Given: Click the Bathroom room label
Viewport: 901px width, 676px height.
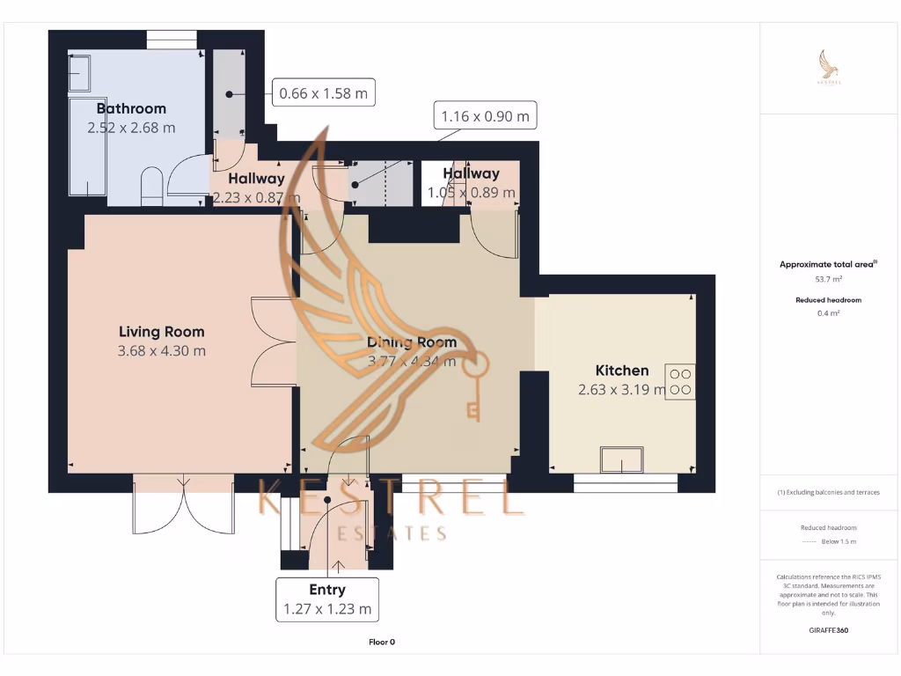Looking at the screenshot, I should pyautogui.click(x=131, y=108).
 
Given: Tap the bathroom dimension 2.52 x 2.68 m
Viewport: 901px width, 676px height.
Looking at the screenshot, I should pyautogui.click(x=131, y=128).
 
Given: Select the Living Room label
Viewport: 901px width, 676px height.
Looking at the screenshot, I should pyautogui.click(x=161, y=332).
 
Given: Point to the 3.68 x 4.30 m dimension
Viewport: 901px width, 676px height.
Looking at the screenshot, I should pyautogui.click(x=161, y=351).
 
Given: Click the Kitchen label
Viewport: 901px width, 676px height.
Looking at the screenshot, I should pyautogui.click(x=622, y=371).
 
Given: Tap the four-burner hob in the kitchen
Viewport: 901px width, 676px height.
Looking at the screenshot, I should pyautogui.click(x=680, y=381).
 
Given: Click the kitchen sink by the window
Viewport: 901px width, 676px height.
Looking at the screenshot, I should pyautogui.click(x=621, y=459).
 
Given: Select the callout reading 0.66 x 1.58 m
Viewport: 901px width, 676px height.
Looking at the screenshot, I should pyautogui.click(x=323, y=92).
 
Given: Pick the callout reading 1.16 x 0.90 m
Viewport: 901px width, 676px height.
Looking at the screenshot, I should pyautogui.click(x=485, y=116).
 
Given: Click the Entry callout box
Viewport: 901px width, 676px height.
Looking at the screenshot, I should pyautogui.click(x=327, y=599).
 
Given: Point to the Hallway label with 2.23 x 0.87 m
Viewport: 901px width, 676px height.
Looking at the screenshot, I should pyautogui.click(x=256, y=187).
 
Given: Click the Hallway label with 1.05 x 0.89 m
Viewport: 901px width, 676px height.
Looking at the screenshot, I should pyautogui.click(x=471, y=183).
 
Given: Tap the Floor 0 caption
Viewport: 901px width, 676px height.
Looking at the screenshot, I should pyautogui.click(x=382, y=642).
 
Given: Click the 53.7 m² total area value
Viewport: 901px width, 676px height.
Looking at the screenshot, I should pyautogui.click(x=828, y=279).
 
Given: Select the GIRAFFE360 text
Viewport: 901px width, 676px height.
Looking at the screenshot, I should pyautogui.click(x=828, y=630).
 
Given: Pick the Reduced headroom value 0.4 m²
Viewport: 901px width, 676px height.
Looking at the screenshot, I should pyautogui.click(x=828, y=312).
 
